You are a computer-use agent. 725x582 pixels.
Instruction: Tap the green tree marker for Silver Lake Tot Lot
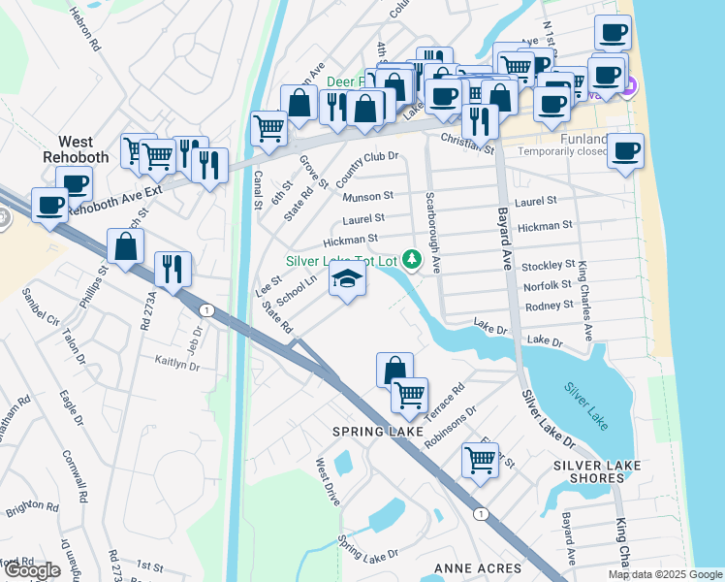coord(413,259)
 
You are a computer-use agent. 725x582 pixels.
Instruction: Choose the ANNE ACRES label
coord(478,567)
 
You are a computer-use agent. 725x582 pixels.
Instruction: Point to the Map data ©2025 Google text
coord(664,574)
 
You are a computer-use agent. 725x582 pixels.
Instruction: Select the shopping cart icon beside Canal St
coord(268,127)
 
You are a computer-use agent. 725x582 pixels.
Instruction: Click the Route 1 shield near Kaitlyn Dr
coord(205,309)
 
